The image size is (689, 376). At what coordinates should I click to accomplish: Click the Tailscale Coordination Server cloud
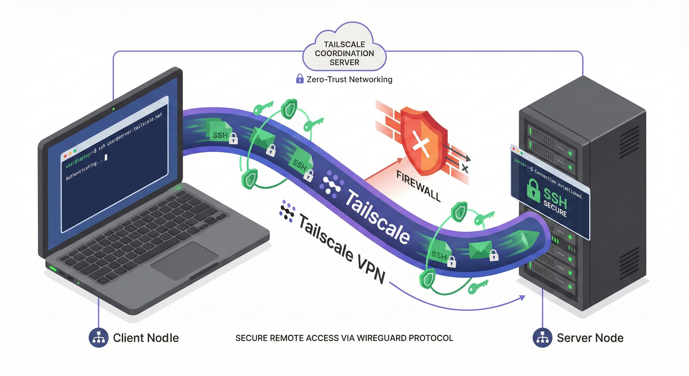point(344,51)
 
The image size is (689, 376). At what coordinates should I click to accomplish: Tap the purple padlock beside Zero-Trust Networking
point(299,79)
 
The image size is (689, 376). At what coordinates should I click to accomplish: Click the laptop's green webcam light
point(114,109)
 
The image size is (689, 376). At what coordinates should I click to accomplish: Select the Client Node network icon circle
point(98,338)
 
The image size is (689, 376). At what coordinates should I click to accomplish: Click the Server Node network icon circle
point(542,338)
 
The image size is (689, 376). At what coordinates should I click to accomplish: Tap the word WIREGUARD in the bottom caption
point(377,338)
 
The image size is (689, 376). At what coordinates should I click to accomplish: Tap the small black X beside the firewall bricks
point(465,169)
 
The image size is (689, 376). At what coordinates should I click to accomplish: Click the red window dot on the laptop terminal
point(65,156)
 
